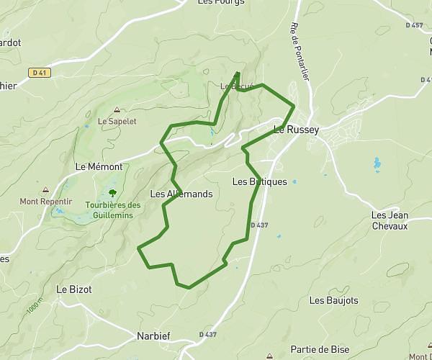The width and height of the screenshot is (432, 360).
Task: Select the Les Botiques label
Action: [260, 182]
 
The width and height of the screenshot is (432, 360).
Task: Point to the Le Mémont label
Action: [99, 166]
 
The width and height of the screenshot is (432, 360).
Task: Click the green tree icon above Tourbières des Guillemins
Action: [112, 192]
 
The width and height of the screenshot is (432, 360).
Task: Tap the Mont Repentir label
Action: [45, 202]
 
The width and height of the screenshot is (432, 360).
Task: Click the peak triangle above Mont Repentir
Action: [46, 191]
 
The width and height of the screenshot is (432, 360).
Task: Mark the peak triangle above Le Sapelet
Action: [117, 110]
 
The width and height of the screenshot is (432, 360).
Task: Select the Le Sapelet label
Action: [117, 121]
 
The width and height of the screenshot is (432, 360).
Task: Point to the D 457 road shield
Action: [414, 25]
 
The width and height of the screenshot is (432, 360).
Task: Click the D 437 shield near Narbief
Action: [207, 335]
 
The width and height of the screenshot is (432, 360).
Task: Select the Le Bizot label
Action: [74, 289]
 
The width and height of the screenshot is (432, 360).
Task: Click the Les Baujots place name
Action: [333, 300]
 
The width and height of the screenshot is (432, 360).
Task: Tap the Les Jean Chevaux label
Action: [390, 220]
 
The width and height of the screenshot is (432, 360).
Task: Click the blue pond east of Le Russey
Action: [377, 164]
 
